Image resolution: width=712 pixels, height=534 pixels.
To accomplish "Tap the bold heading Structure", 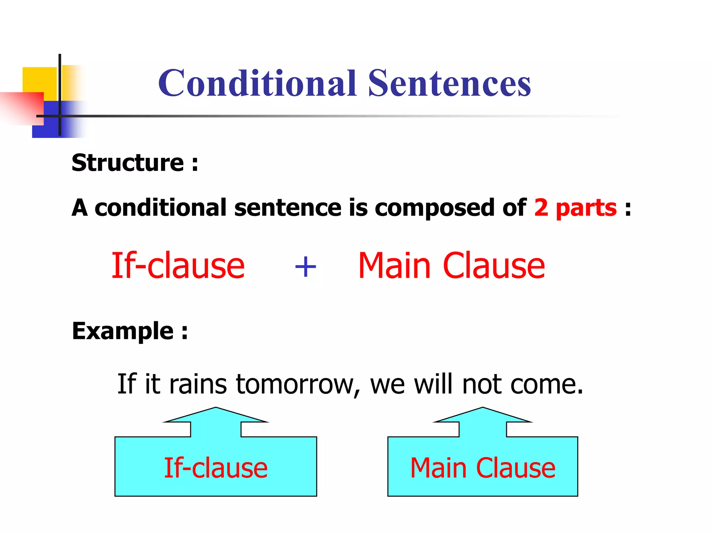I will point(128,163).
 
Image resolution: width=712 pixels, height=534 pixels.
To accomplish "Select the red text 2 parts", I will point(575,208).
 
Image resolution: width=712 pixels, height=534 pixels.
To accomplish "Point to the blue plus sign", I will point(305,267).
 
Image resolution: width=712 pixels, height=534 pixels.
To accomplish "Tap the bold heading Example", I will point(123,331).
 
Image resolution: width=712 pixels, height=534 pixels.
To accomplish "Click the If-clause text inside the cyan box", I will point(216,468).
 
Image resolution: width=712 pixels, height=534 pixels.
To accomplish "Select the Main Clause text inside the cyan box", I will point(483,468).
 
